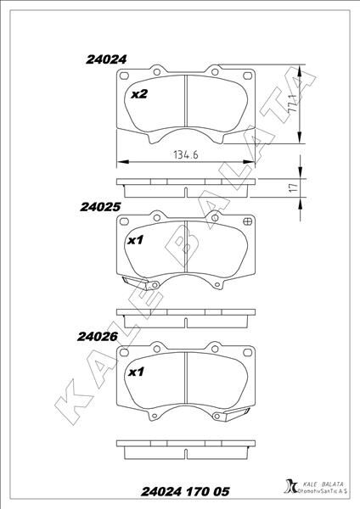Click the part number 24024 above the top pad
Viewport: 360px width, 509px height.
tap(106, 59)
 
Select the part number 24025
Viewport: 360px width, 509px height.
tap(100, 207)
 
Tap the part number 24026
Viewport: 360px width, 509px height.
tap(98, 337)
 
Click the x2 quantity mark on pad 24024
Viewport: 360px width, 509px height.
tap(139, 94)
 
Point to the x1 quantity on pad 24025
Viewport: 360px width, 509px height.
tap(136, 241)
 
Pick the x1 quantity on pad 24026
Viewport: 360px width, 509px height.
tap(136, 372)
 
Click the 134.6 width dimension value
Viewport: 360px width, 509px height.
tap(186, 155)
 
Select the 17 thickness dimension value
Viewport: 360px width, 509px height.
tap(293, 188)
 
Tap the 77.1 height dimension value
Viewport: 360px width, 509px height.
tap(293, 103)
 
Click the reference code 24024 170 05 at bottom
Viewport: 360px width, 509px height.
tap(185, 491)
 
